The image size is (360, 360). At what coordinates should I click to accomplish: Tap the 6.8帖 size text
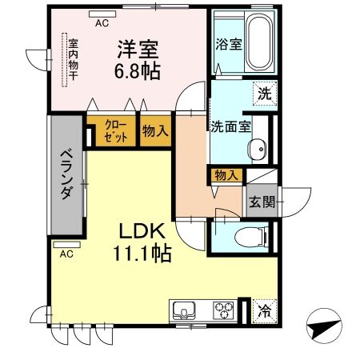(138, 70)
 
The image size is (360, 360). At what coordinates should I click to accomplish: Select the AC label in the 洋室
(102, 23)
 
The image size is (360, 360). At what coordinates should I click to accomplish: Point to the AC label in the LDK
(67, 254)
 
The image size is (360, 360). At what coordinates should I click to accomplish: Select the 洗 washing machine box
(264, 93)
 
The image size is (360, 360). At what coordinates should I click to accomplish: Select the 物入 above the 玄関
(226, 175)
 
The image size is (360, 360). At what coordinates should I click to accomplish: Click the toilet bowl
(248, 237)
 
